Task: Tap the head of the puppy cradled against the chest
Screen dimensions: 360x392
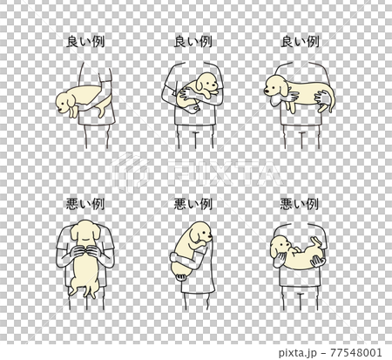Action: pyautogui.click(x=207, y=85)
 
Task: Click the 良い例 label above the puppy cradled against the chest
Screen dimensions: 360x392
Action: pyautogui.click(x=194, y=41)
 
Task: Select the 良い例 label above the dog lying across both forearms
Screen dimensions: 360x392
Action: pyautogui.click(x=301, y=41)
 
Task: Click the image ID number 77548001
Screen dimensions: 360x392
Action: pyautogui.click(x=359, y=352)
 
